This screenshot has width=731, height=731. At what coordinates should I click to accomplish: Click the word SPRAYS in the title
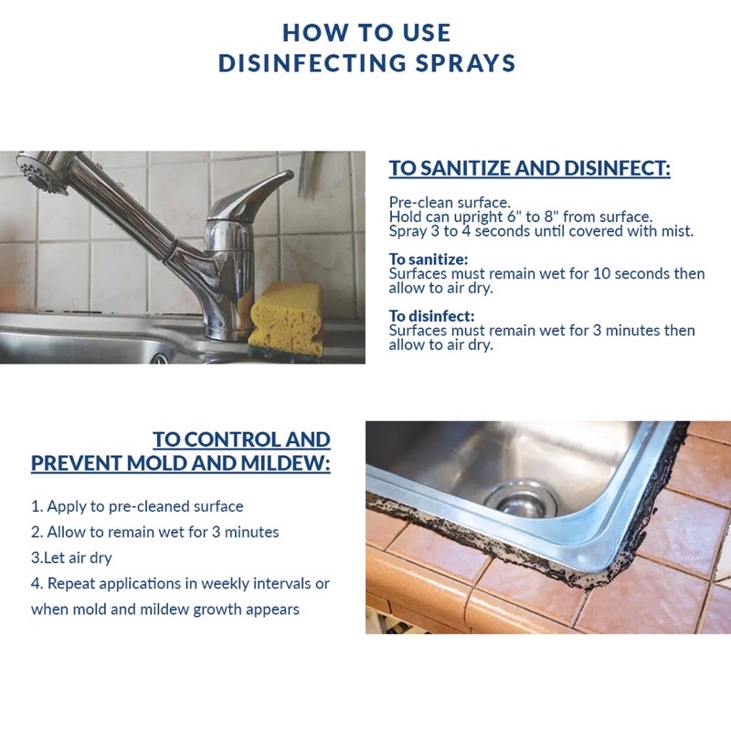(465, 63)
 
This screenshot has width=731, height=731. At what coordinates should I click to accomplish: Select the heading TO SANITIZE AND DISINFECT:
(530, 168)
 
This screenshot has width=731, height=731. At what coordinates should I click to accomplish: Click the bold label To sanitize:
(429, 259)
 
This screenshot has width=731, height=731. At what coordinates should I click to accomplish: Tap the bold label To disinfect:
(431, 315)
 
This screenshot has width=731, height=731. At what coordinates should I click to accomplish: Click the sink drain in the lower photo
(520, 499)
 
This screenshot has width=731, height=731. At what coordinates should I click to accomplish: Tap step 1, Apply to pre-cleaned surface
(137, 506)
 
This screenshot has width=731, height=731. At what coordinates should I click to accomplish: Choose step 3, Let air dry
(71, 557)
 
